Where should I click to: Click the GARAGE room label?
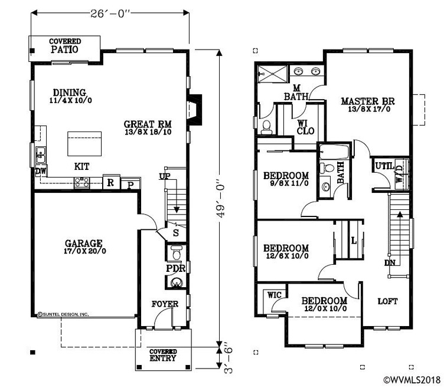coord(83,244)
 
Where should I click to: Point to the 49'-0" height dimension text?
coord(221,198)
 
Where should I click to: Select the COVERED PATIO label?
coord(65,46)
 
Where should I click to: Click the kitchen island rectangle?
coord(84,144)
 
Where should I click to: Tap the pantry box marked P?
coord(130,184)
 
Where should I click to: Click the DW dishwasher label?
coord(40,172)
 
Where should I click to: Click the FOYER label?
coord(165,304)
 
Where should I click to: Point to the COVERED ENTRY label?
coord(163,355)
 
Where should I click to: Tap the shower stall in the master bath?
coord(273,74)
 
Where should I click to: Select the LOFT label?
coord(388,301)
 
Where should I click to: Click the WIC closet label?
coord(274,295)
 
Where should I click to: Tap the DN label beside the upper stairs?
coord(390,263)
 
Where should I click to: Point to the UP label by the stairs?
coord(165,176)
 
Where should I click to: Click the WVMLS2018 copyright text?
coord(413,380)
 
